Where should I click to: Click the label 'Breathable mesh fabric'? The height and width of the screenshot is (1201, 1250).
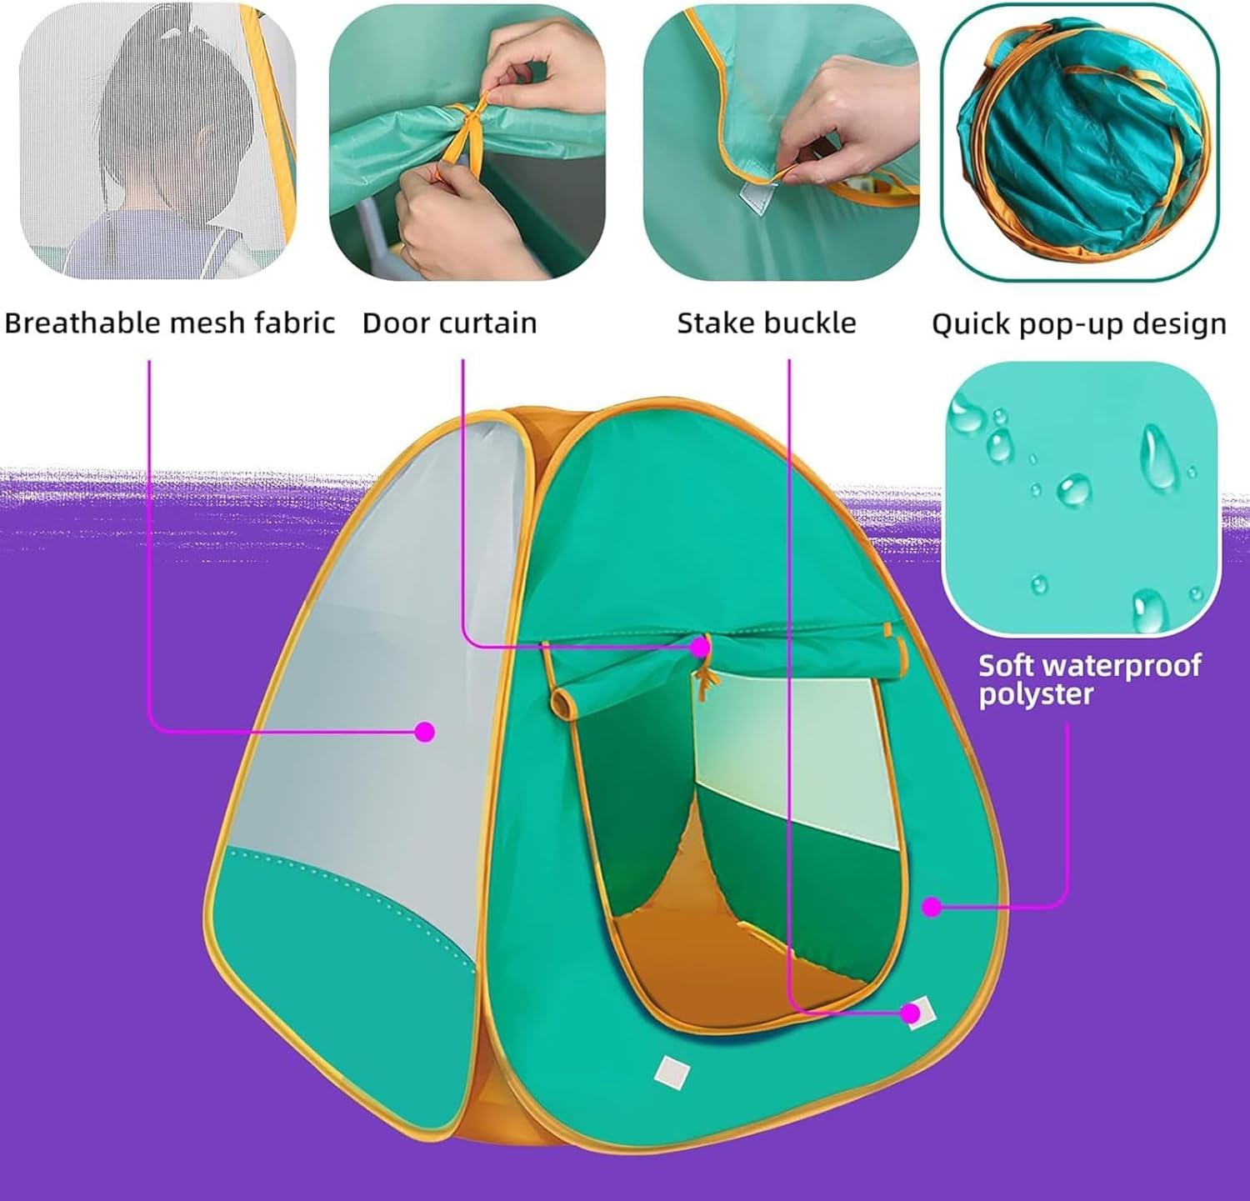pos(169,323)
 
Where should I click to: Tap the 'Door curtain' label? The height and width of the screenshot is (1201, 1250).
pos(449,323)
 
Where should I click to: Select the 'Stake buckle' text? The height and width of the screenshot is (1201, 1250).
pos(766,323)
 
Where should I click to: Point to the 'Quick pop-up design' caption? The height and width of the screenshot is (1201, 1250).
pos(1078,324)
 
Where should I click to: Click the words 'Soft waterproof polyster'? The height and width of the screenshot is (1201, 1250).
pos(1089,679)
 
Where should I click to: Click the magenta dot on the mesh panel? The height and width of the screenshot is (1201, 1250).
pos(425,732)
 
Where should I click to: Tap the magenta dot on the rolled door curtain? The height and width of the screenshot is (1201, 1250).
pos(701,646)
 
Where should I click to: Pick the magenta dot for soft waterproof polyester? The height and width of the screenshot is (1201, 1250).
pos(932,907)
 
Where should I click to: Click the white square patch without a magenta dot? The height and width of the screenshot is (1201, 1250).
pos(671,1072)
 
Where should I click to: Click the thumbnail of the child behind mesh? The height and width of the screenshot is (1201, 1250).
pos(158,142)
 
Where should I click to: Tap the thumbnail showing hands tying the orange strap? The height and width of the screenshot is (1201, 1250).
pos(467,142)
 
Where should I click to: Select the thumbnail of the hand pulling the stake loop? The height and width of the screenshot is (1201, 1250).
pos(781,142)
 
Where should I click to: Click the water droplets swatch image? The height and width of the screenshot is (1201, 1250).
pos(1082,497)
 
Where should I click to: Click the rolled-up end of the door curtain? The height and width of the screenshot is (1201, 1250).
pos(567,702)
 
